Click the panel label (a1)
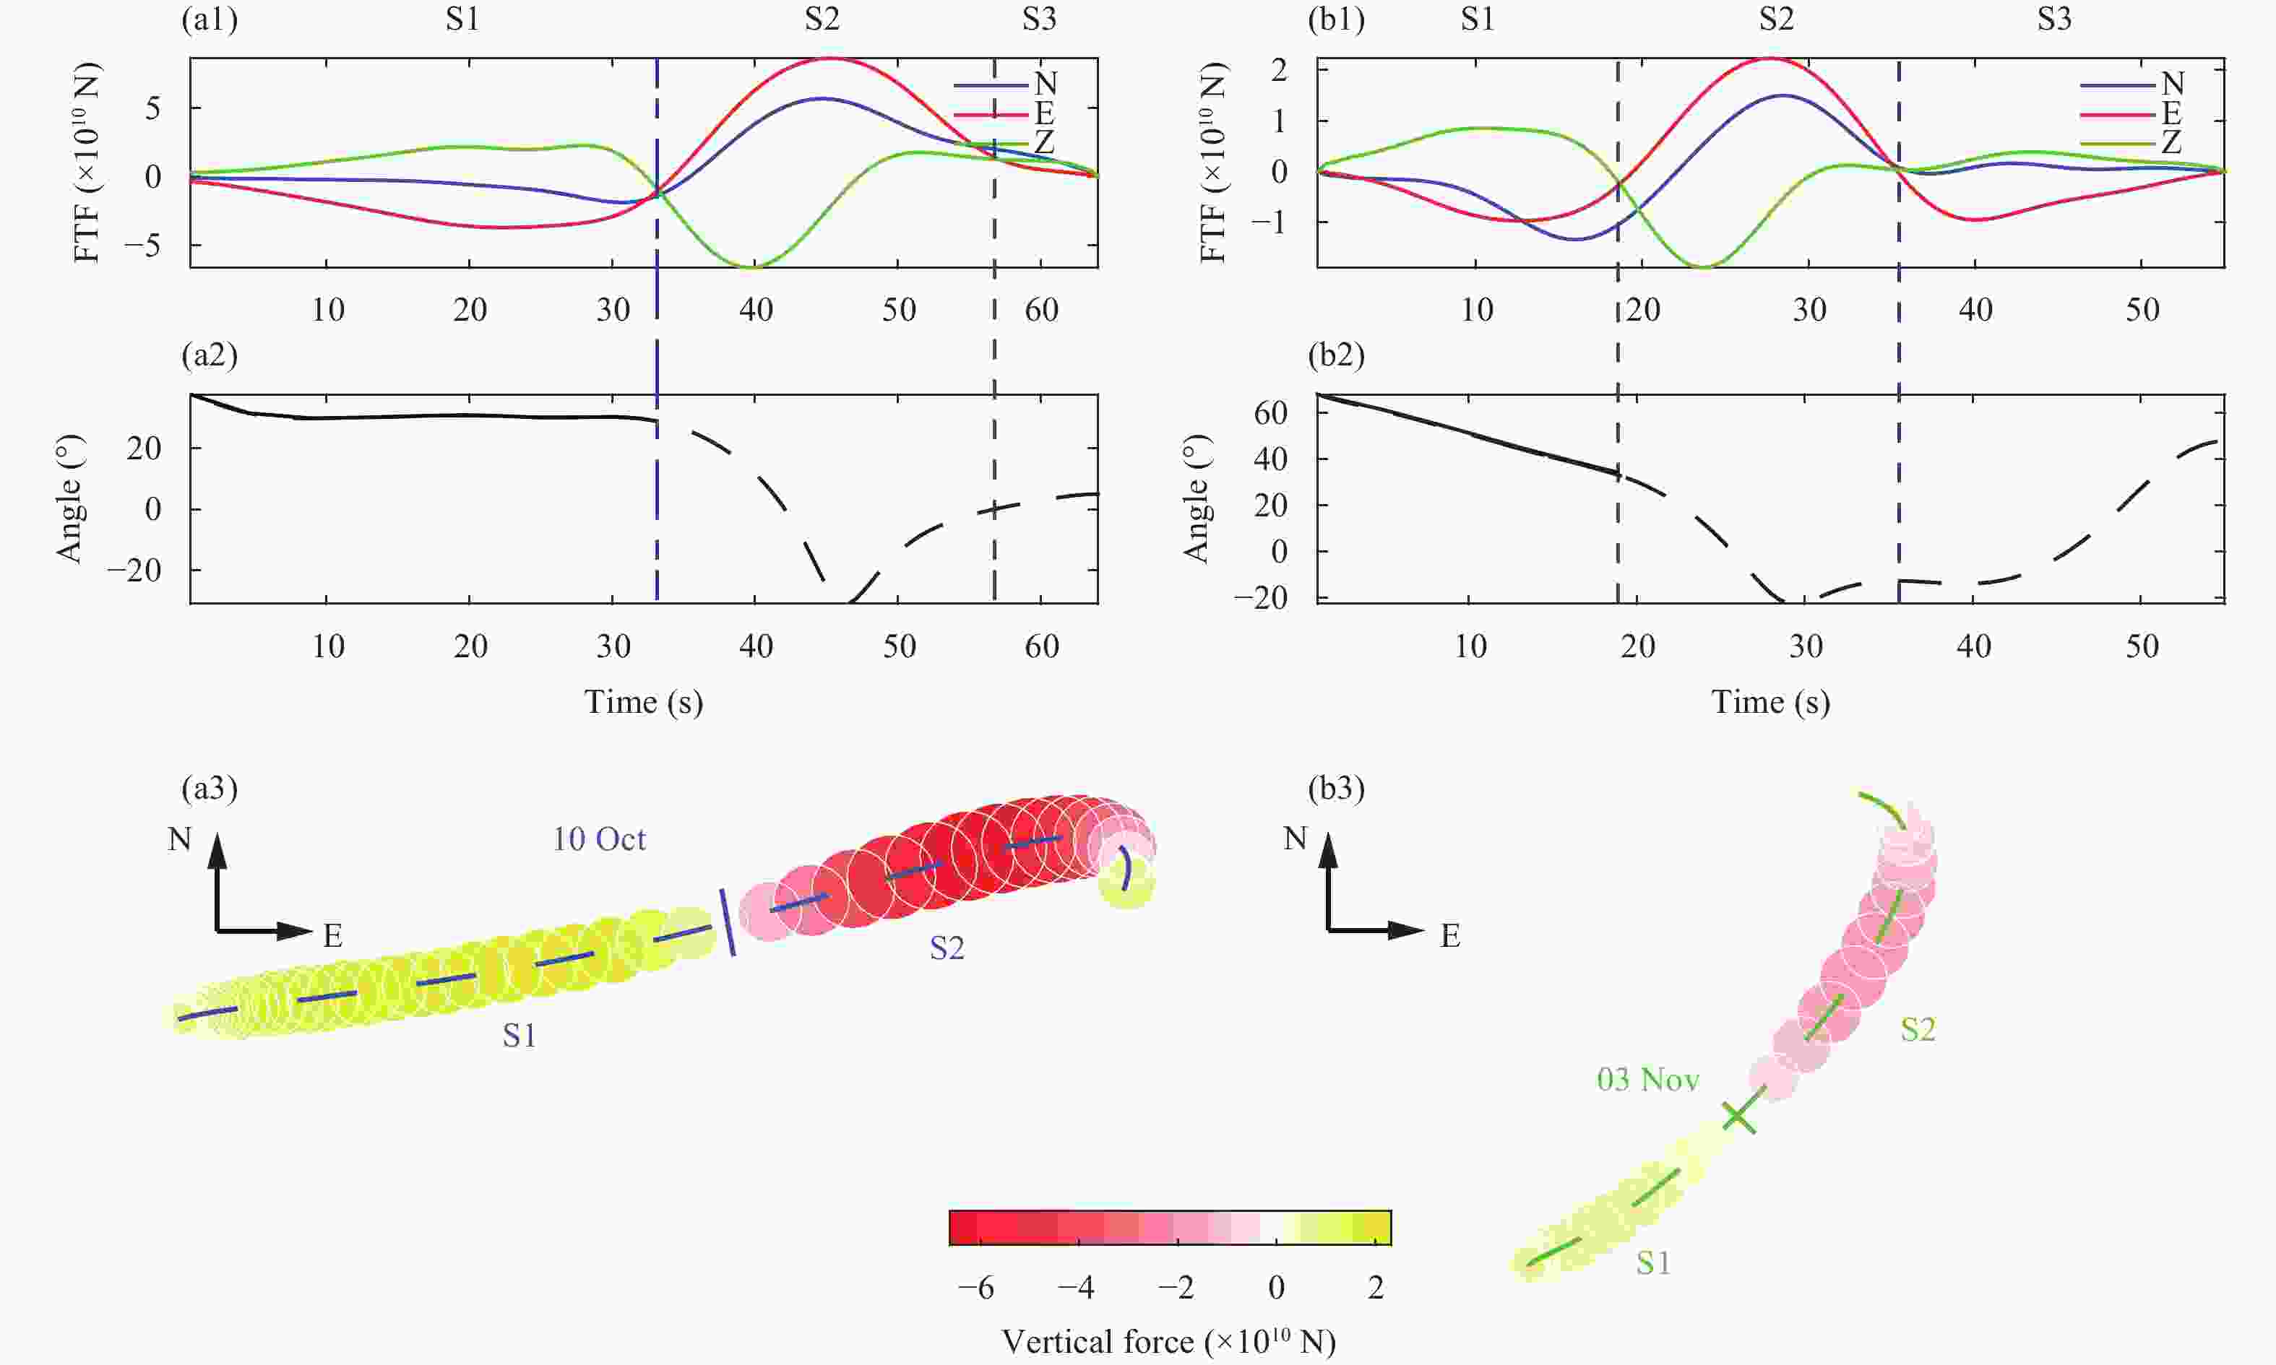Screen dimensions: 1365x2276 (210, 19)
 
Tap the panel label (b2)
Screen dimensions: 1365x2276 (1336, 355)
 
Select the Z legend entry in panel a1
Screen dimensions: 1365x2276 (1044, 142)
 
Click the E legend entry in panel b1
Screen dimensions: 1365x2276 (2171, 113)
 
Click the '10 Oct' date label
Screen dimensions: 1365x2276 (599, 839)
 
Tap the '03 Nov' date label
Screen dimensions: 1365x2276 (1647, 1079)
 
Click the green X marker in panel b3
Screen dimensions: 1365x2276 (1737, 1117)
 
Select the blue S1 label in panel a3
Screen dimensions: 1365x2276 (519, 1036)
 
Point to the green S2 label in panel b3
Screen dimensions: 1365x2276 (1918, 1029)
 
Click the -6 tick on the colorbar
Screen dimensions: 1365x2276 (975, 1288)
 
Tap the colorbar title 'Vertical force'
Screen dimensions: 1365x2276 (1168, 1342)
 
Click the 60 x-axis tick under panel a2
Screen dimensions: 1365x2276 (1041, 646)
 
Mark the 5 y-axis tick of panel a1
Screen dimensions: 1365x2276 (152, 108)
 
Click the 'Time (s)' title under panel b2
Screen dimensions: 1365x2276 (1770, 702)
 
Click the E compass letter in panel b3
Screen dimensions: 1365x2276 (1450, 937)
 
